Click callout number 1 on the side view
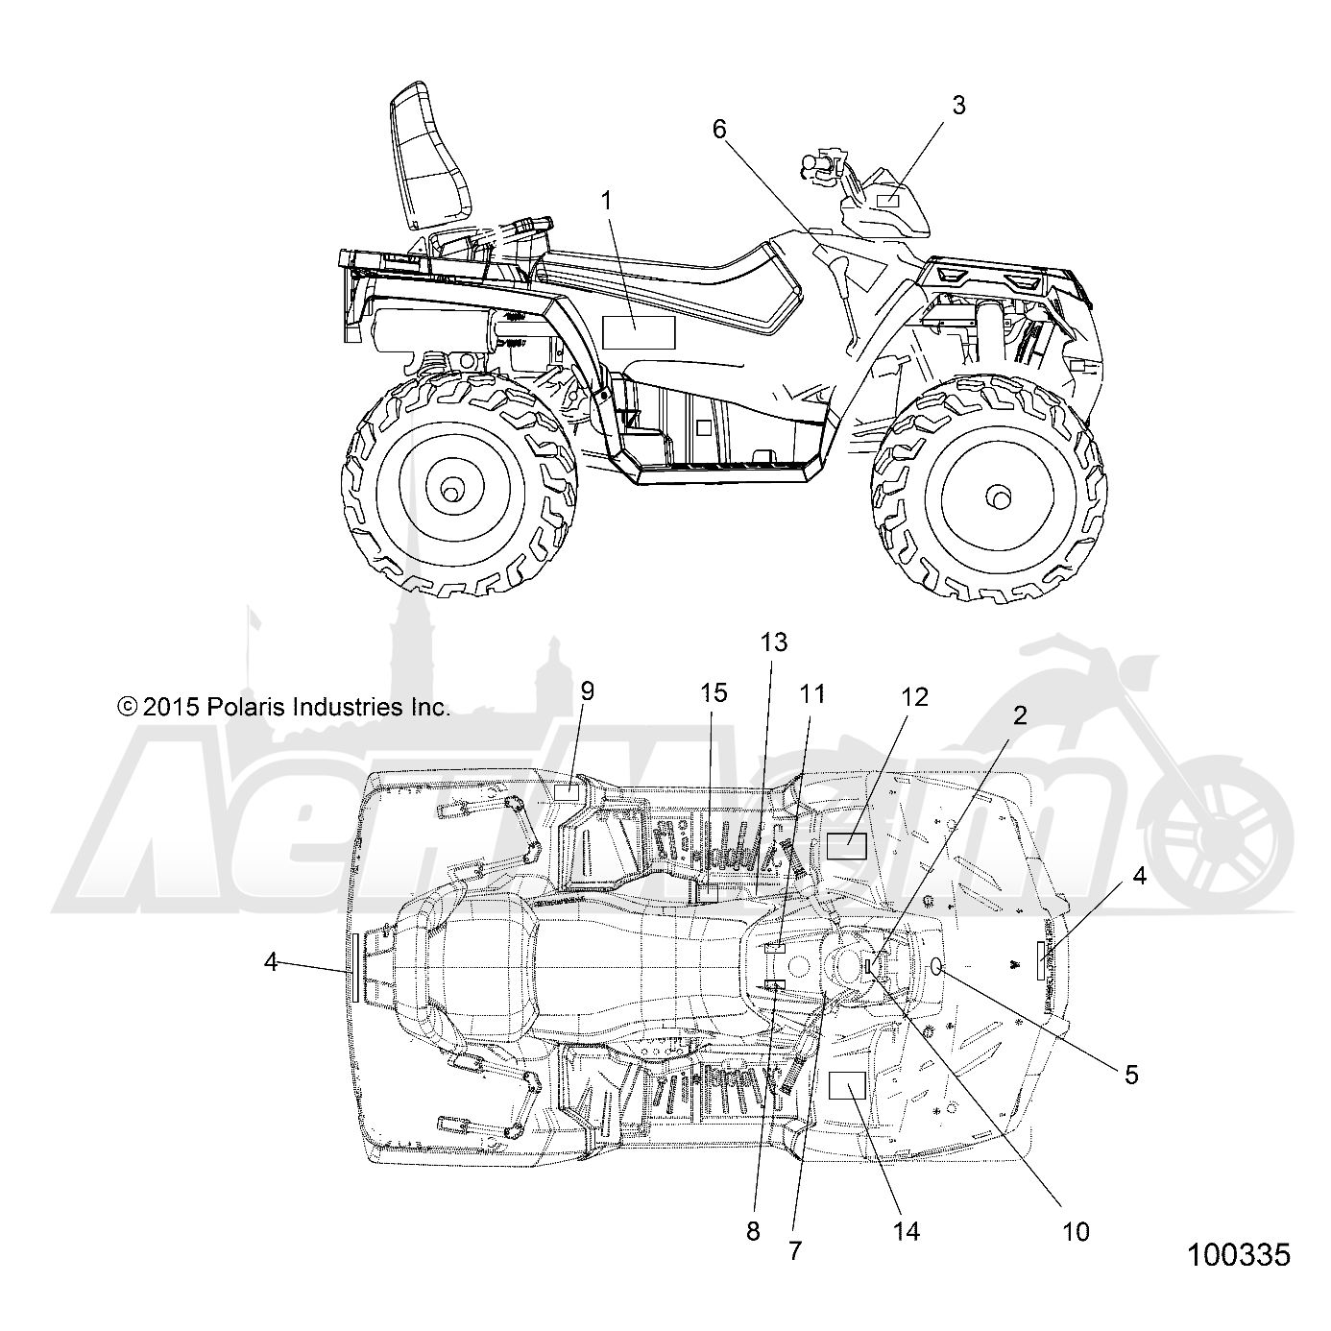[607, 201]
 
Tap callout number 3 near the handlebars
[958, 105]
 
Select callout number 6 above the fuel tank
[719, 129]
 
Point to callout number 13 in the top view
[774, 642]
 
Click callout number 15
[714, 692]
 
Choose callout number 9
[587, 690]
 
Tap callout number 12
[914, 697]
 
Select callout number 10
[1076, 1231]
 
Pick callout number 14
[907, 1230]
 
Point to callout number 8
[753, 1231]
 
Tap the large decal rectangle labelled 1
[639, 332]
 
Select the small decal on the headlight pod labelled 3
[887, 201]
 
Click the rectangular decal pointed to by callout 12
[847, 845]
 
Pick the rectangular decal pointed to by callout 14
[847, 1085]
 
